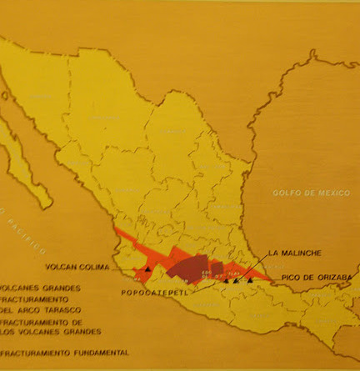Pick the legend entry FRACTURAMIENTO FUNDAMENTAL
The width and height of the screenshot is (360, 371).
click(x=64, y=353)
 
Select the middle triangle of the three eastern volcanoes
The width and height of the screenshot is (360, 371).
click(x=236, y=281)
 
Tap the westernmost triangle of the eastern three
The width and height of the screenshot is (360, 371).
click(x=225, y=281)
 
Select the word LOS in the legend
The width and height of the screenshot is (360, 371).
click(x=9, y=330)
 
